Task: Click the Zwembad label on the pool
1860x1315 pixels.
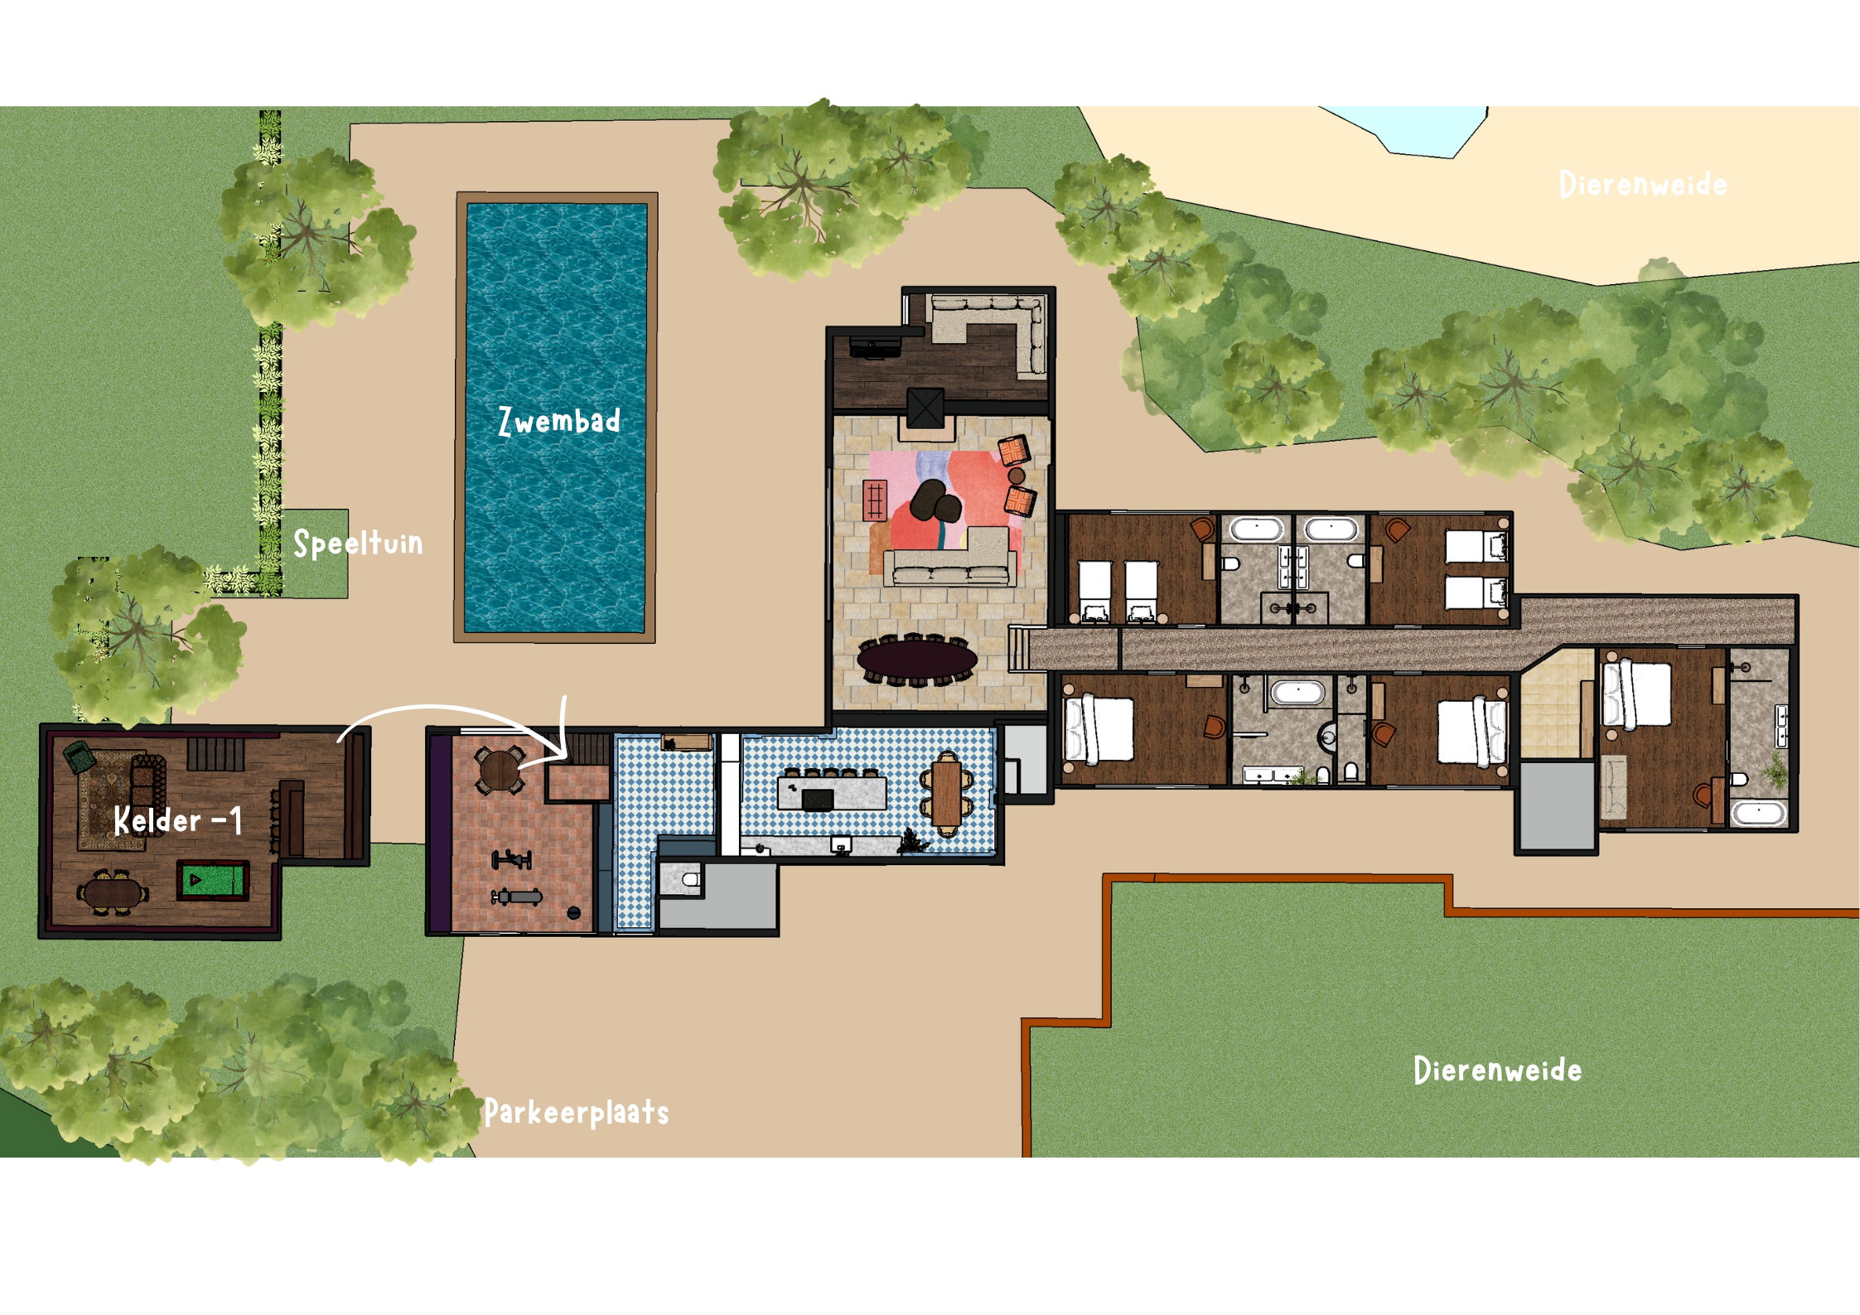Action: (x=559, y=421)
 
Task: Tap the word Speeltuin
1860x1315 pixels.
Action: (x=359, y=544)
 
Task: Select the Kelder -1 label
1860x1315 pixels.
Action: (x=178, y=820)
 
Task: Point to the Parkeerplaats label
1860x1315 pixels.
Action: (x=577, y=1112)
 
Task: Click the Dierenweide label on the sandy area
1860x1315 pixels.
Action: (x=1643, y=184)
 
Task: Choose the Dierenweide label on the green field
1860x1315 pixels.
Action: (x=1498, y=1070)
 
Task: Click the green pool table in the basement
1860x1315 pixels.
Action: (x=212, y=880)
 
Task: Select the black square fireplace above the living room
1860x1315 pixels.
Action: (x=925, y=407)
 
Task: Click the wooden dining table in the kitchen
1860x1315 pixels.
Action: (x=946, y=793)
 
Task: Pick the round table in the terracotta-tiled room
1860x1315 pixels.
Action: (x=499, y=771)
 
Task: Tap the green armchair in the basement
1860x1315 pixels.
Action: (x=80, y=756)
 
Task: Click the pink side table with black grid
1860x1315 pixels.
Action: (x=876, y=500)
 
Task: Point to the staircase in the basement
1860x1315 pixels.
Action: (x=215, y=754)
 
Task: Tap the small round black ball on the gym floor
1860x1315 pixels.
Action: (x=573, y=913)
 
